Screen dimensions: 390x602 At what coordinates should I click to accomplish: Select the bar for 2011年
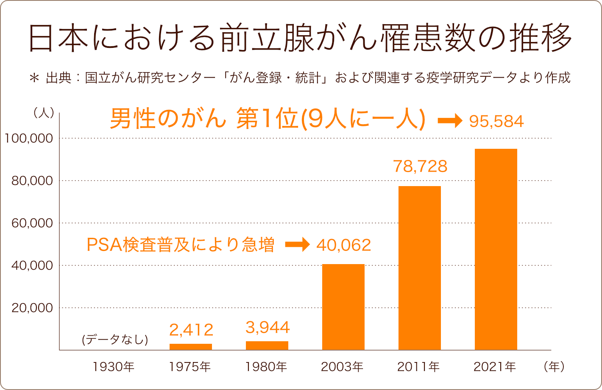419,268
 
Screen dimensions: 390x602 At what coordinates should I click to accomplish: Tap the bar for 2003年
343,307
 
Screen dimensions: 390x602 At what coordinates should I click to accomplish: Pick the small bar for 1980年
267,345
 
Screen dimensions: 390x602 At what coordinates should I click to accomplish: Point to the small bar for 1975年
190,347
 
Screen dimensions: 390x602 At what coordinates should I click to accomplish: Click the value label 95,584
496,122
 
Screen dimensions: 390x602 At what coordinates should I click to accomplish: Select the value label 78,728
420,166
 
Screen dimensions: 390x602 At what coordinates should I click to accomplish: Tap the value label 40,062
343,245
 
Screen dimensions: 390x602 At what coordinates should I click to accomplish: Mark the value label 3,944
268,327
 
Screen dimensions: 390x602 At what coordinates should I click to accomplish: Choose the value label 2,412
191,329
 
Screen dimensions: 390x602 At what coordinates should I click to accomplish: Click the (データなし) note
114,340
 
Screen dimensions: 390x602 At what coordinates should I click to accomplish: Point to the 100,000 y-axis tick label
29,138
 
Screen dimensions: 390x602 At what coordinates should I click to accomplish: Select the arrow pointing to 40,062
297,245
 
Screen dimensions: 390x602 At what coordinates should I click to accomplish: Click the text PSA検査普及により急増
180,245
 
